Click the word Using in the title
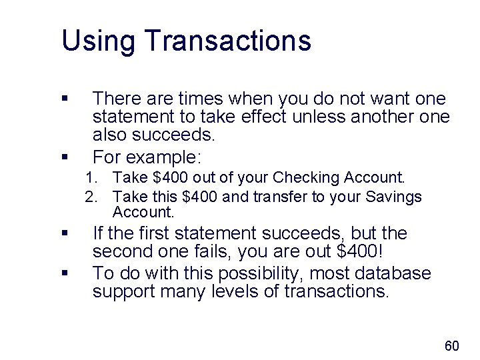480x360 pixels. click(x=99, y=41)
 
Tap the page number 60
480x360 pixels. click(x=451, y=345)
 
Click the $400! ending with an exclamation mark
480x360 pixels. click(x=363, y=252)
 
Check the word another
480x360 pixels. click(x=389, y=117)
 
